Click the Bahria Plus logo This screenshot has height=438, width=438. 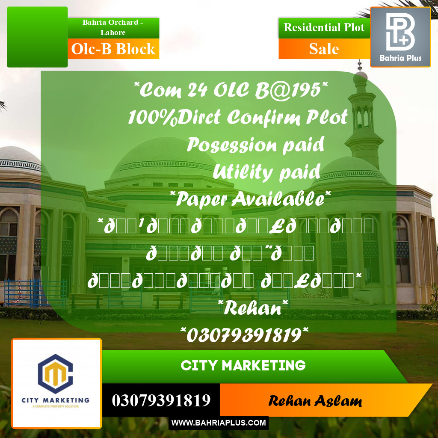click(x=400, y=37)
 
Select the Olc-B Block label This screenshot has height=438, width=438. click(x=113, y=49)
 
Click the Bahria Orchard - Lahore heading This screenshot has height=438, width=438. click(x=113, y=27)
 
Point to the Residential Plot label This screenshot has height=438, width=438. click(x=324, y=28)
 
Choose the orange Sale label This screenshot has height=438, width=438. click(x=324, y=49)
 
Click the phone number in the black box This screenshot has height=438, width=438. click(x=161, y=400)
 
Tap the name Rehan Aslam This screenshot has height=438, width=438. click(x=315, y=401)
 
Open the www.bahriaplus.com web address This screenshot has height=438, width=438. click(x=219, y=423)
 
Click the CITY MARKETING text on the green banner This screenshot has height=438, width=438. click(x=243, y=366)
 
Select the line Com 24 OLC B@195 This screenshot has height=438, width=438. click(x=231, y=91)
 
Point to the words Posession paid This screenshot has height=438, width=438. click(x=255, y=145)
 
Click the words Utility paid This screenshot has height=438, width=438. click(x=266, y=172)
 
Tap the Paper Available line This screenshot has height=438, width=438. click(x=250, y=198)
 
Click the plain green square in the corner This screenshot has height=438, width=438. click(x=37, y=37)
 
